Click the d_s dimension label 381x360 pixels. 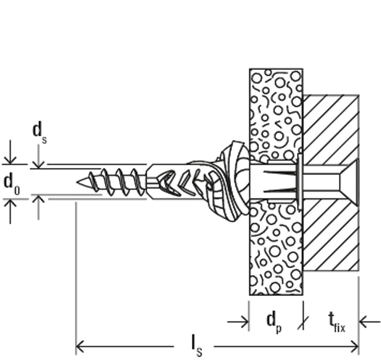coord(40,133)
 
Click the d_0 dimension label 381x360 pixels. coord(12,184)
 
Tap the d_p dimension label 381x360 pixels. coord(274,322)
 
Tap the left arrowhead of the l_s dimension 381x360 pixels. coord(80,347)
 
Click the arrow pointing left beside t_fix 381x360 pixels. coord(370,322)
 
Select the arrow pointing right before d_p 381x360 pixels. coord(238,322)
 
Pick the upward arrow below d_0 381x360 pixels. coord(10,211)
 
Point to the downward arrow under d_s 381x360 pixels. coord(38,157)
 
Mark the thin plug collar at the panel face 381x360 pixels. coord(300,182)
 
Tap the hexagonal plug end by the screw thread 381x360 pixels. coord(153,182)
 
